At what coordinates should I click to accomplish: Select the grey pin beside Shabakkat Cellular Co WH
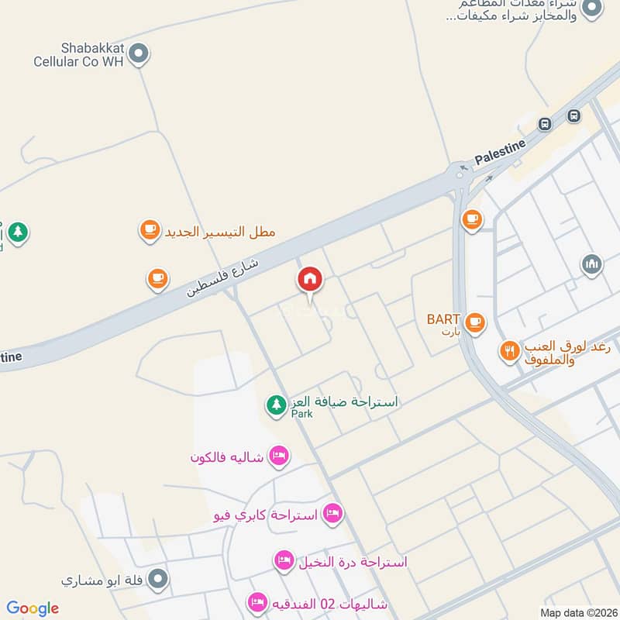point(139,53)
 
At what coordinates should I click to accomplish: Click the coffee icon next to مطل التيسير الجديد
point(150,230)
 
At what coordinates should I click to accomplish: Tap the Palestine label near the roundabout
point(500,151)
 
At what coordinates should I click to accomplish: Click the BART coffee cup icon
point(474,321)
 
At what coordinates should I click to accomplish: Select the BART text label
point(443,319)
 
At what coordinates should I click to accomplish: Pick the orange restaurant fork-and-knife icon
point(509,351)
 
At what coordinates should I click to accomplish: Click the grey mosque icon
point(591,265)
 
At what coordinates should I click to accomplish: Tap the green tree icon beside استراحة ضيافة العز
point(276,405)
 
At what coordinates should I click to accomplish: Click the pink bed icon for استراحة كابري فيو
point(332,513)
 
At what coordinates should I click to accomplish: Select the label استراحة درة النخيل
point(353,562)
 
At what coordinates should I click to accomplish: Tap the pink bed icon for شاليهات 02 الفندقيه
point(257,601)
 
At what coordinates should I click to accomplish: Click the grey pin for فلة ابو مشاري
point(158,578)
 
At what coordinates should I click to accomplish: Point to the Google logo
point(33,608)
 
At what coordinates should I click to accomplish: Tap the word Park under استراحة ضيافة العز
point(301,415)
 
